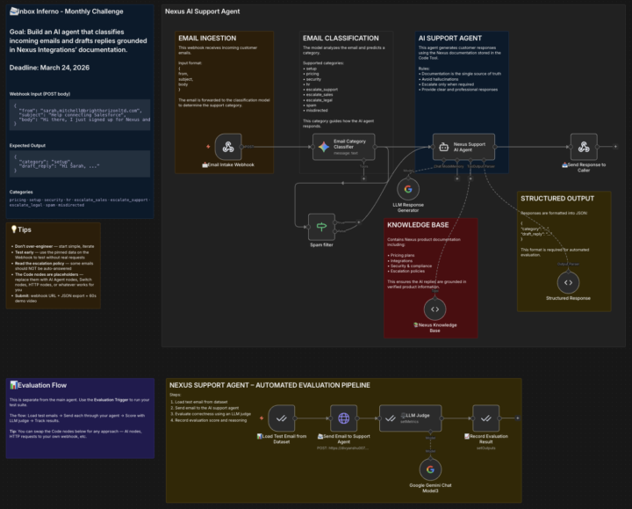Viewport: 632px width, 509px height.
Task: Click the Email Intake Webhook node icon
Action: (228, 147)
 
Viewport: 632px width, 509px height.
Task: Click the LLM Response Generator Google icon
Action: (407, 189)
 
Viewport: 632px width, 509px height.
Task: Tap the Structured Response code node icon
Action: (568, 282)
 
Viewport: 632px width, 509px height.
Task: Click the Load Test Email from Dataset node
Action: (282, 418)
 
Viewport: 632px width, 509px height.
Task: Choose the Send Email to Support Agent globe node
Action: (344, 418)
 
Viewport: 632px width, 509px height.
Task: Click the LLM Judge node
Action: (405, 418)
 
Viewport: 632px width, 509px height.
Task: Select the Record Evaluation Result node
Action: (485, 418)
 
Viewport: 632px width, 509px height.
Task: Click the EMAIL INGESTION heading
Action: (206, 39)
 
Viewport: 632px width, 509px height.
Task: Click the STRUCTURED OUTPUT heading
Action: (557, 199)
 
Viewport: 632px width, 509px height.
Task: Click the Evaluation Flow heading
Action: (41, 384)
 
